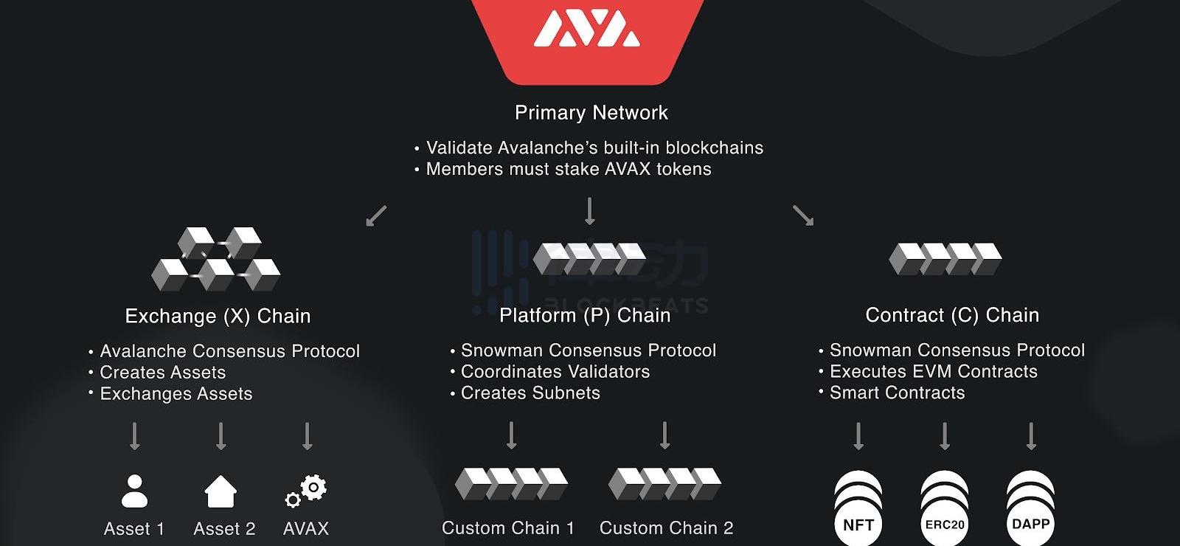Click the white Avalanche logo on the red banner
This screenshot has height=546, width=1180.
click(x=586, y=30)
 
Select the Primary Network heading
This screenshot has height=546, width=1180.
click(x=591, y=113)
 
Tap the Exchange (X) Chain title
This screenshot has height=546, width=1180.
click(x=218, y=317)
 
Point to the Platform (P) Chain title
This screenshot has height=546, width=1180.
click(x=585, y=316)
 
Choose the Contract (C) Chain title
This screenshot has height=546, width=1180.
click(x=952, y=316)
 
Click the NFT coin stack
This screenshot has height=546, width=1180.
click(x=858, y=509)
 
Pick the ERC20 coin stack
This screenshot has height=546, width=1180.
click(x=945, y=509)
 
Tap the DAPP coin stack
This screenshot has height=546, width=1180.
click(x=1030, y=509)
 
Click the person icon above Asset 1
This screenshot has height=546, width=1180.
click(x=134, y=491)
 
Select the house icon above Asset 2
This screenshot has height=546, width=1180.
click(x=221, y=491)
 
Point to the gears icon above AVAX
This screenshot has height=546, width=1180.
click(x=306, y=491)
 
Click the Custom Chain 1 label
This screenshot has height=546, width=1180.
click(x=507, y=528)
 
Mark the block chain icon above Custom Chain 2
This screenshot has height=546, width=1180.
click(x=664, y=483)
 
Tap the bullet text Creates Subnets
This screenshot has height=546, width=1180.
click(x=530, y=393)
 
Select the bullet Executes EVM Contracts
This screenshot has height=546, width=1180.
click(x=933, y=372)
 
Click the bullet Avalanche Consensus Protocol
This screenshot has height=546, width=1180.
click(x=229, y=351)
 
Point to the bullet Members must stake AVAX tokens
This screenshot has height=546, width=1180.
click(x=568, y=170)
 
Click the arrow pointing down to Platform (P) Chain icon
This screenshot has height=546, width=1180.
click(x=589, y=211)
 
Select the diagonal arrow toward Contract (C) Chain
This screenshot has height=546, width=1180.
click(x=802, y=215)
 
